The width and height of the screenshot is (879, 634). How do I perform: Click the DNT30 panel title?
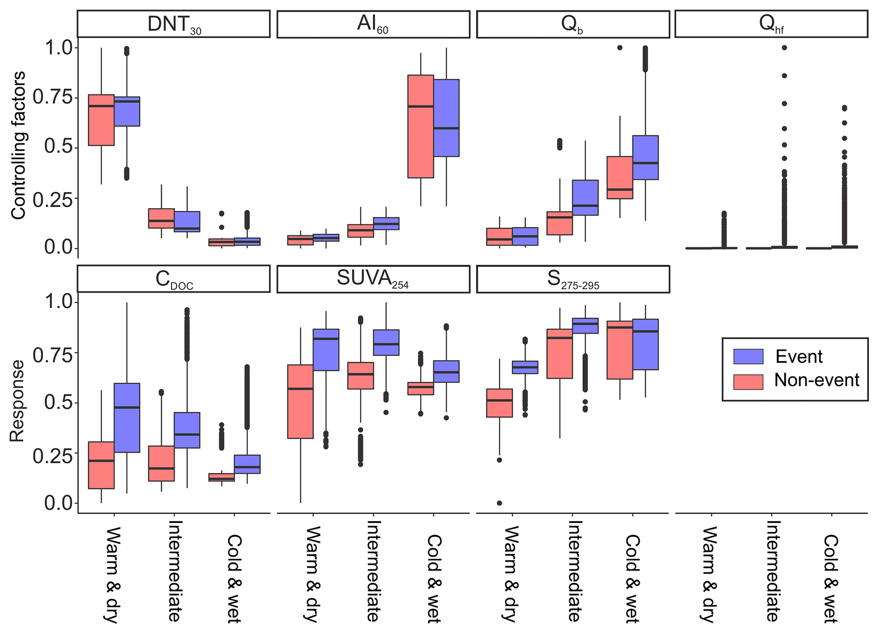pos(173,24)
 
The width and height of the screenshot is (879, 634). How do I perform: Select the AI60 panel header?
pos(373,24)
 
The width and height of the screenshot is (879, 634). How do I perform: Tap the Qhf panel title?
pos(771,24)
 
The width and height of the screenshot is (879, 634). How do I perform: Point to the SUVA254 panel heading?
pos(373,279)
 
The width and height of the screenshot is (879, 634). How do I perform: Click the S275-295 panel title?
pos(573,279)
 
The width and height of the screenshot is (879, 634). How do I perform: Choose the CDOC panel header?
pos(173,279)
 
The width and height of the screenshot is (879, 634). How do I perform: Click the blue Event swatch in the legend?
pos(748,357)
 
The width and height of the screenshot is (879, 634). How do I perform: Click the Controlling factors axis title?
pos(18,146)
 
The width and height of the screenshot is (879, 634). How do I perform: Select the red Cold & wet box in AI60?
pos(420,126)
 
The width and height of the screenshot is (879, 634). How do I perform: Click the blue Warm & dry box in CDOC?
pos(127,418)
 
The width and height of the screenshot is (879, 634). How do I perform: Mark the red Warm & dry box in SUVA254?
pos(301,402)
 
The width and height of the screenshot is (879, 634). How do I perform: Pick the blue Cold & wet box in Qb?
pos(645,158)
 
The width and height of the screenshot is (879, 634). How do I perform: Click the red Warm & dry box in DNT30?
pos(101,120)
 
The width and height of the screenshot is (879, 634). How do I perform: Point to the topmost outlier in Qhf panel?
pos(784,48)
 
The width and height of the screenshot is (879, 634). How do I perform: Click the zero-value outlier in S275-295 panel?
pos(499,503)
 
